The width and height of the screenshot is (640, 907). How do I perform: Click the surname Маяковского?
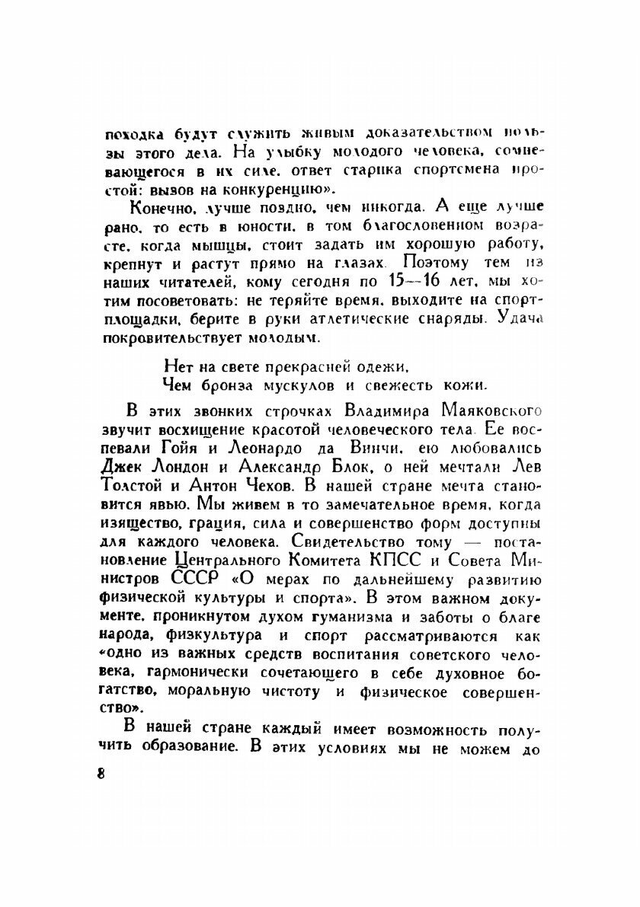pyautogui.click(x=480, y=412)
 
